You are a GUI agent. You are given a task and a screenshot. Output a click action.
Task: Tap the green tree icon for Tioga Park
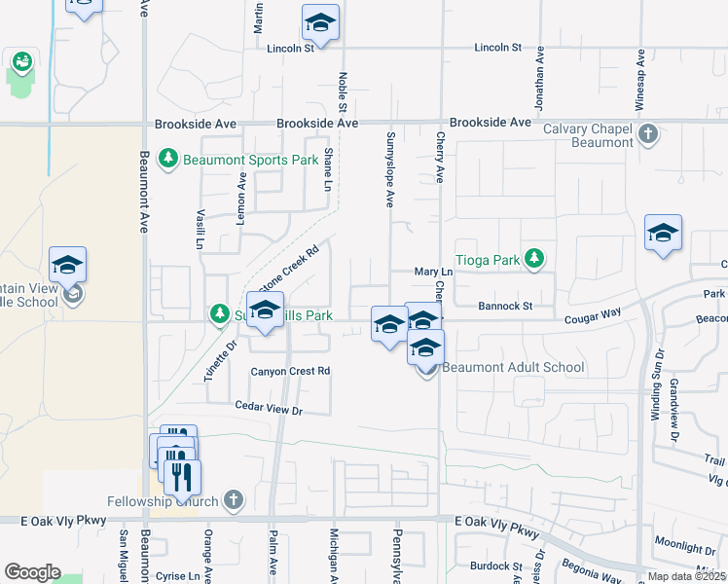533,258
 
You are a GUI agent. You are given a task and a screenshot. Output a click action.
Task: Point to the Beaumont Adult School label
513,367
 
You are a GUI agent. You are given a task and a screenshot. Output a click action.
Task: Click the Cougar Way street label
592,315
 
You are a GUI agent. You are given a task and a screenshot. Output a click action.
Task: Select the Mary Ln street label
434,273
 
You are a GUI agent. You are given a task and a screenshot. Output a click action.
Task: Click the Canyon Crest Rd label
291,371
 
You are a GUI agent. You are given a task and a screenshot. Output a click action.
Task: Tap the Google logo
32,572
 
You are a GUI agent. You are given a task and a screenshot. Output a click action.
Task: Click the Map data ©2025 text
686,576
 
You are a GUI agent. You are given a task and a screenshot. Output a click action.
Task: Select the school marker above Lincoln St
320,21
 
